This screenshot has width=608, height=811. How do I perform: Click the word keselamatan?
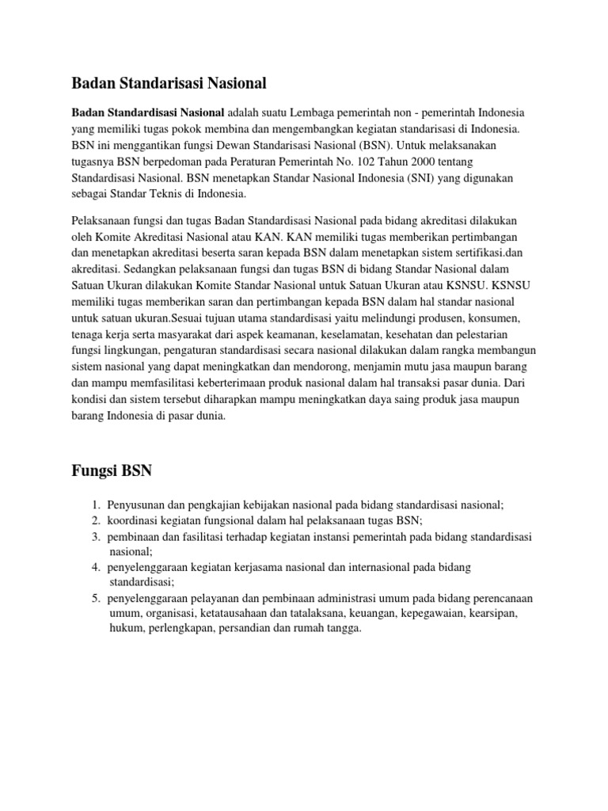tap(342, 312)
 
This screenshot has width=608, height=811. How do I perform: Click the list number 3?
tap(94, 537)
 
